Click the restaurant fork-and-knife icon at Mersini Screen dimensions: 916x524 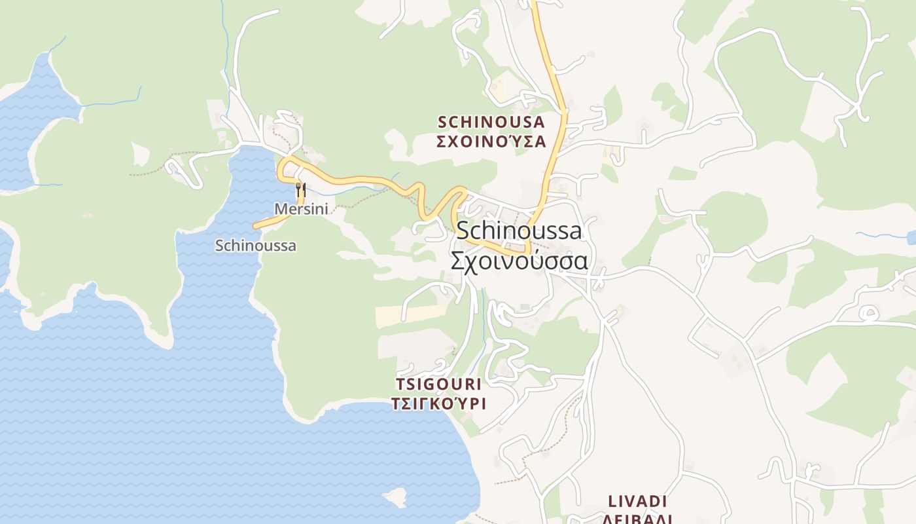click(301, 190)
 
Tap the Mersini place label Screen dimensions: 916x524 click(301, 209)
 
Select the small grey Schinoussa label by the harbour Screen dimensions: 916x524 click(255, 246)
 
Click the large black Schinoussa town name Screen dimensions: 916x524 click(519, 231)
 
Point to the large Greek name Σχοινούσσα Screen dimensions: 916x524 click(519, 261)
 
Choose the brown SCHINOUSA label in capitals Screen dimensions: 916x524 click(491, 122)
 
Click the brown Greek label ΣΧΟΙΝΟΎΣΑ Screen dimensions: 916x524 click(491, 141)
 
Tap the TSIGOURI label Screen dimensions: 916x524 click(439, 384)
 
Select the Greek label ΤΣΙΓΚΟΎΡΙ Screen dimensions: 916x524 click(439, 403)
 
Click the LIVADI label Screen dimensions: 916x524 click(637, 502)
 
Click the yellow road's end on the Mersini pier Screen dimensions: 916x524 click(256, 227)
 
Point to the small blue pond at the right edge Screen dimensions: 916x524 click(911, 236)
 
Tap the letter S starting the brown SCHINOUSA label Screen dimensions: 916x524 click(442, 122)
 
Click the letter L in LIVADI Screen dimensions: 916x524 click(613, 502)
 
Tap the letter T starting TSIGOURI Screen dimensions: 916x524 click(400, 384)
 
